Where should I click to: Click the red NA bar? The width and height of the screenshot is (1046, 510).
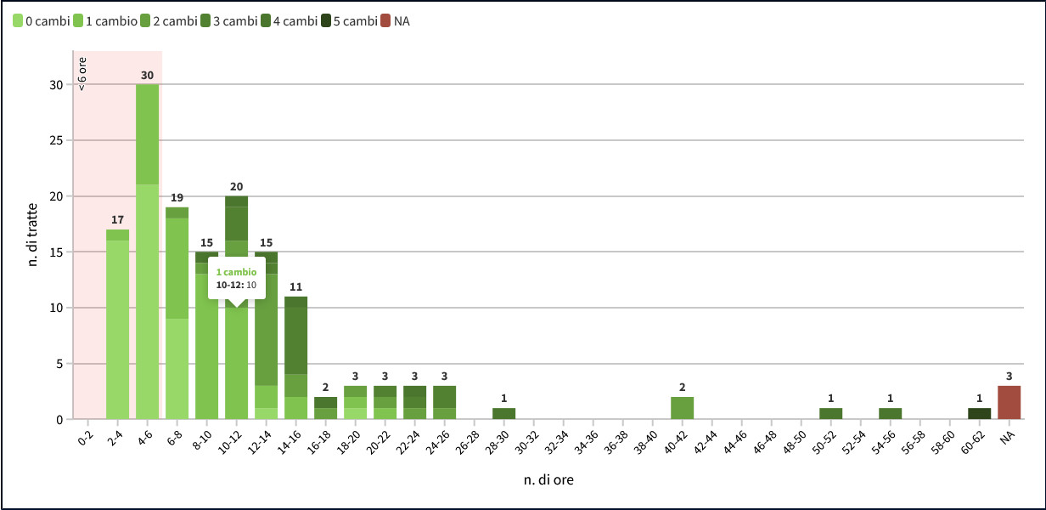pyautogui.click(x=1009, y=402)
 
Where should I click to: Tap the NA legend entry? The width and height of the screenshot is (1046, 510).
pyautogui.click(x=396, y=20)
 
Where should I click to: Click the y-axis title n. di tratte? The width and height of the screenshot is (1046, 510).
pyautogui.click(x=33, y=235)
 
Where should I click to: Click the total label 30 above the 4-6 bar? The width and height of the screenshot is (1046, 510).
pyautogui.click(x=147, y=76)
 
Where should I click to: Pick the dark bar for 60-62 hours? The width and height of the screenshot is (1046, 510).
pyautogui.click(x=979, y=413)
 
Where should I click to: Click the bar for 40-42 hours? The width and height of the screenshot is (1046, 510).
pyautogui.click(x=682, y=408)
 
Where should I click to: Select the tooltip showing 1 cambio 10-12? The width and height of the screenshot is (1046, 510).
pyautogui.click(x=237, y=279)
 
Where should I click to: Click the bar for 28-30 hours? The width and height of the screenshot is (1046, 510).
pyautogui.click(x=503, y=413)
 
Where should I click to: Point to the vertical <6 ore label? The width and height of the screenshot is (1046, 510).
pyautogui.click(x=82, y=72)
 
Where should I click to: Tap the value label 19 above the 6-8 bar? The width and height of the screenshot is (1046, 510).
pyautogui.click(x=177, y=198)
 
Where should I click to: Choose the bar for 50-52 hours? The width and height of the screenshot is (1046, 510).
pyautogui.click(x=830, y=413)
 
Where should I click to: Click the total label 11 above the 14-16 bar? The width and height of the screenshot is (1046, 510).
pyautogui.click(x=295, y=287)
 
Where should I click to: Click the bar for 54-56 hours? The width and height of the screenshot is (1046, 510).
pyautogui.click(x=890, y=413)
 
